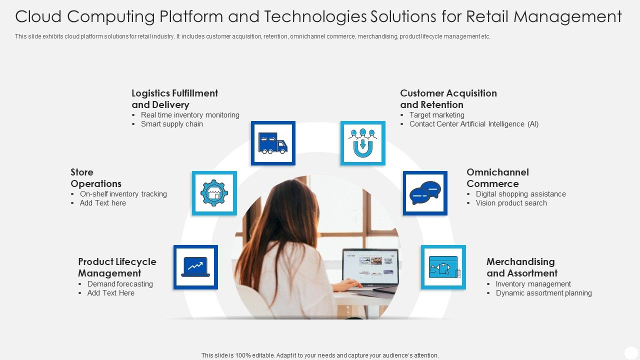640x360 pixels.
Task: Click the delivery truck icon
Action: pos(273,143)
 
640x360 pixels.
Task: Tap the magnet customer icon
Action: pos(363,143)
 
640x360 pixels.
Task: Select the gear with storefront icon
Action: pos(214,193)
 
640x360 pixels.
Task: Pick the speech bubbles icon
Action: pos(425,193)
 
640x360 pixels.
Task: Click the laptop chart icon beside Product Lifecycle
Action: pos(195,267)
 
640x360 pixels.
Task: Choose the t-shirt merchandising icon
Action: pos(443,267)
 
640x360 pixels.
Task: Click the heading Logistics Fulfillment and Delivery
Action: pos(174,99)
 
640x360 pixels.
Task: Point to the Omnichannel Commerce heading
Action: pos(497,178)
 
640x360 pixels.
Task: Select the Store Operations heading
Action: pos(96,178)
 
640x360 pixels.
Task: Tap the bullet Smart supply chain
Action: pos(172,124)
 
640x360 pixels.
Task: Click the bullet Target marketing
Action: pos(436,115)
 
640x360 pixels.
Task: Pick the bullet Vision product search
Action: pos(511,203)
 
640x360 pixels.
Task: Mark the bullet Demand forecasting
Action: pos(120,284)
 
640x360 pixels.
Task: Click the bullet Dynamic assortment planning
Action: pos(543,293)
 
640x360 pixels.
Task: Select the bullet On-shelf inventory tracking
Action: pos(123,194)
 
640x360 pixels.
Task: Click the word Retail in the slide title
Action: pos(487,16)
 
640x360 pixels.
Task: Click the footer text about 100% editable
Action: pos(320,355)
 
